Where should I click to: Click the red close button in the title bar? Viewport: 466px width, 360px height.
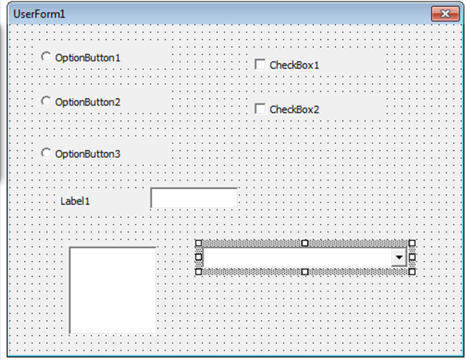coord(445,14)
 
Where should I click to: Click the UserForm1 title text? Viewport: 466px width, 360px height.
coord(39,14)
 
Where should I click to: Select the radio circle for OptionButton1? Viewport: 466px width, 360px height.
coord(45,57)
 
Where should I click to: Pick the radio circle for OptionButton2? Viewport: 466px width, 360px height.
coord(45,101)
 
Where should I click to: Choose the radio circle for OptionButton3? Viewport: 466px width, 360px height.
coord(45,152)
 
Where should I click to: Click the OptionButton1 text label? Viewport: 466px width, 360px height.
coord(88,57)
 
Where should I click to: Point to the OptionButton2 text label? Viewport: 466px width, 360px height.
coord(88,102)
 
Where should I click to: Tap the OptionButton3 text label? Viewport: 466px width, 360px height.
coord(88,154)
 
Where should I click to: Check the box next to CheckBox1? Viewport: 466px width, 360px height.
coord(260,64)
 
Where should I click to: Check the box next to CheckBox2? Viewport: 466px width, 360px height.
coord(260,109)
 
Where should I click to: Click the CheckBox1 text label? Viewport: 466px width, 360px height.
coord(294,65)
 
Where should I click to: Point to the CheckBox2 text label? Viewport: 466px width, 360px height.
coord(294,109)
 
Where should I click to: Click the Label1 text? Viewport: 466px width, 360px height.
coord(75,201)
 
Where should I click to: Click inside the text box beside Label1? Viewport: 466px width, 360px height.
coord(194,198)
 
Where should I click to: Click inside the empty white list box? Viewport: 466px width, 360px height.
coord(113,290)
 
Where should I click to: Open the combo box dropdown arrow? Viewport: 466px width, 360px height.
coord(399,257)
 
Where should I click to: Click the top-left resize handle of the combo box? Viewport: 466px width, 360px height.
coord(199,243)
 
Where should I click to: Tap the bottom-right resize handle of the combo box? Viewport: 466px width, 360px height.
coord(412,271)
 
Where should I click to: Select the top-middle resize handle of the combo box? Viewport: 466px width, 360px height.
coord(305,243)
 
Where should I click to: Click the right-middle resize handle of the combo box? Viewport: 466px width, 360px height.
coord(412,257)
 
